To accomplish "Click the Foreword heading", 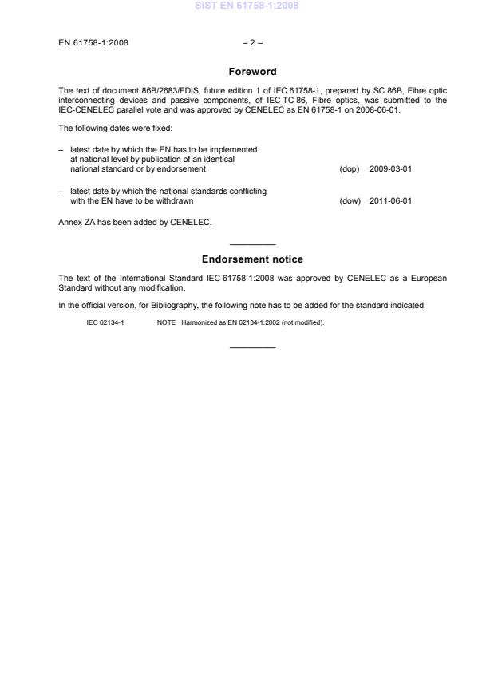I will pyautogui.click(x=252, y=72).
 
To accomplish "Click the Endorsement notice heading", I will pyautogui.click(x=252, y=259).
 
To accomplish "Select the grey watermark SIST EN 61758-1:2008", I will pyautogui.click(x=247, y=6).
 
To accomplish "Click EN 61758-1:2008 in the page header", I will pyautogui.click(x=93, y=42).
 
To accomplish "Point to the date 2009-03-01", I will pyautogui.click(x=390, y=169).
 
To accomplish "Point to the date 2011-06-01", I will pyautogui.click(x=390, y=201).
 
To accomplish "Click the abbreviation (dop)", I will pyautogui.click(x=350, y=169).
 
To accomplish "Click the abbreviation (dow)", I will pyautogui.click(x=350, y=201).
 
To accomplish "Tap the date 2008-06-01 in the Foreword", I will pyautogui.click(x=376, y=110).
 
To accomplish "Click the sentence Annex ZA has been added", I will pyautogui.click(x=135, y=222).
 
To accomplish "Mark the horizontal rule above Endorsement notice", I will pyautogui.click(x=252, y=243).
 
